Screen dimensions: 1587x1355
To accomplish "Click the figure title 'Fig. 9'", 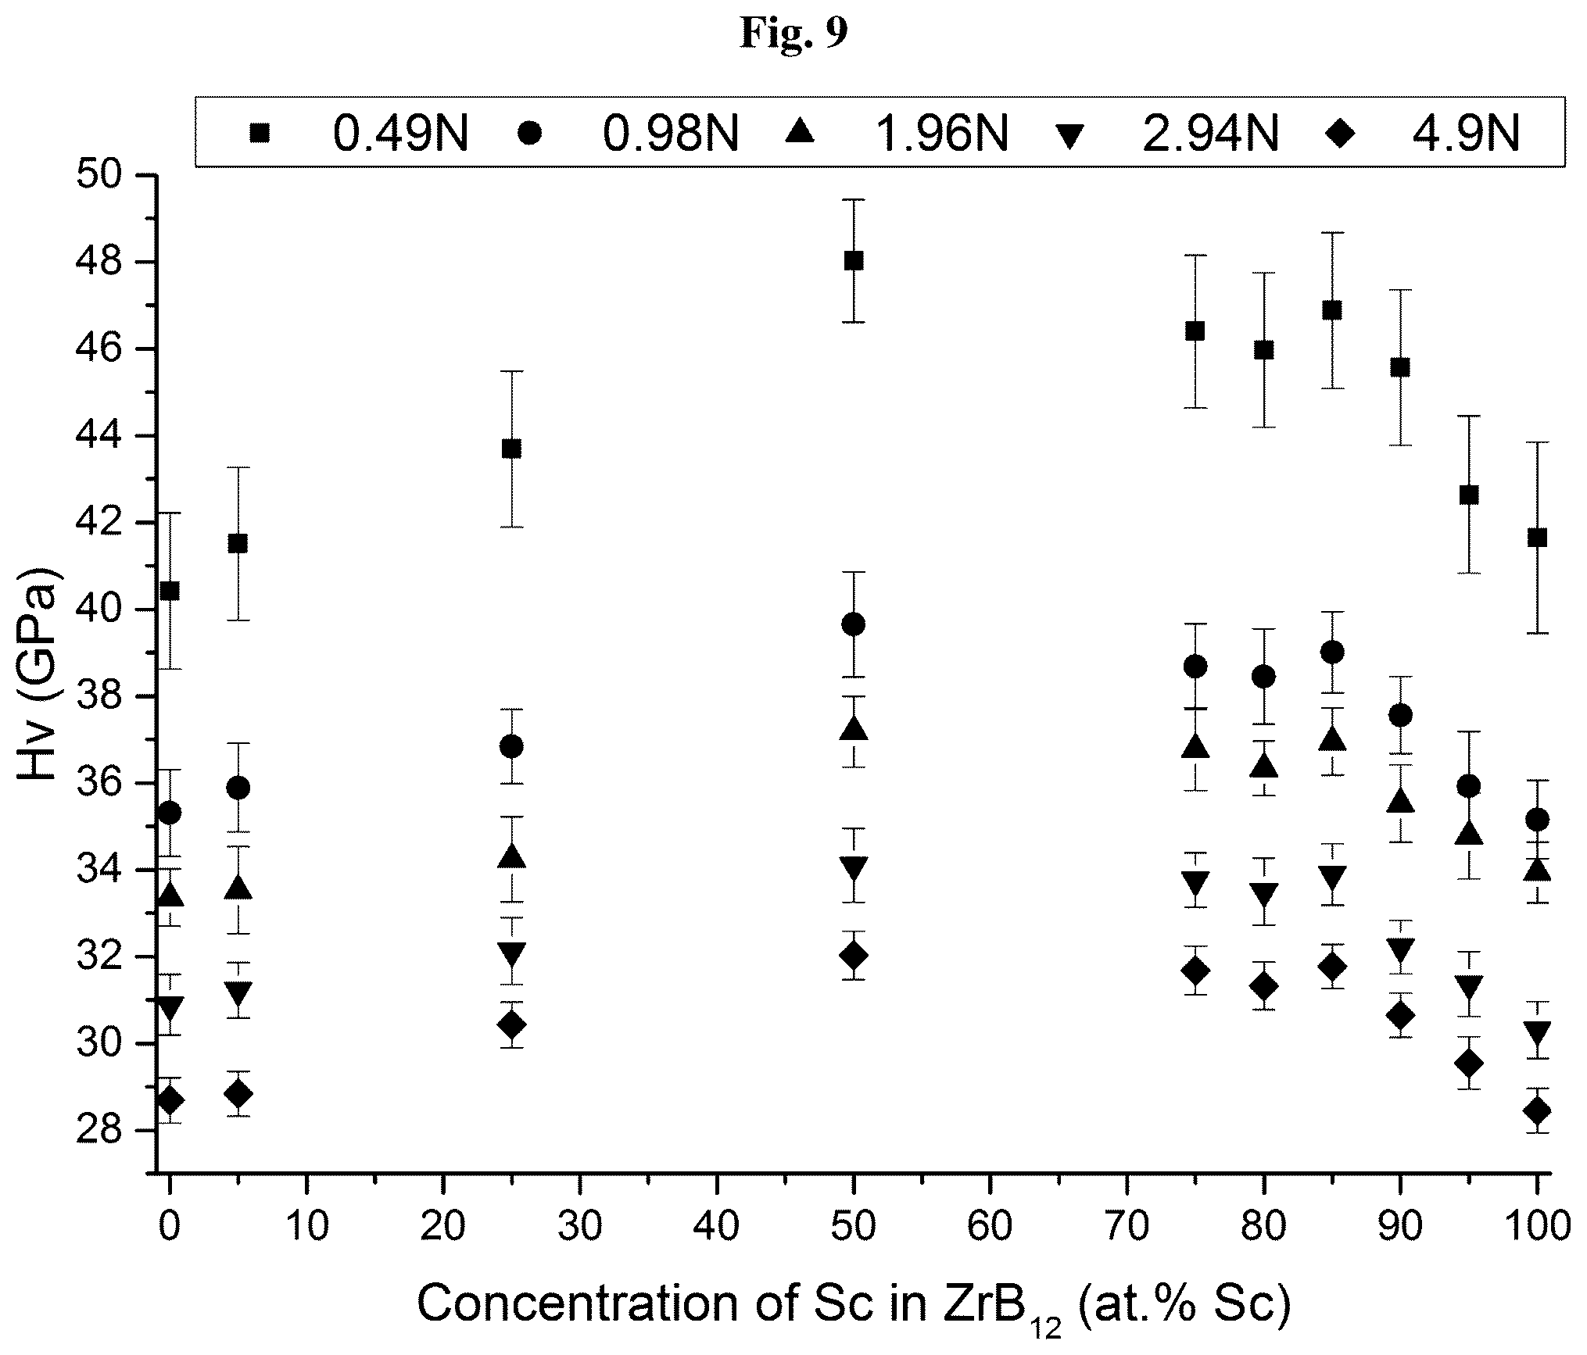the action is pos(793,33).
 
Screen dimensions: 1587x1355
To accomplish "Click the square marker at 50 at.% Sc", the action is pos(854,261).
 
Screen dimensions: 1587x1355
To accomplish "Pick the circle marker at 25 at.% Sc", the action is pos(511,746).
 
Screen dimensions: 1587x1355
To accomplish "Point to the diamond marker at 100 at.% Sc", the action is pos(1538,1110).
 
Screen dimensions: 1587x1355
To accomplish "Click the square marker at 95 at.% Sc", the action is pos(1469,495).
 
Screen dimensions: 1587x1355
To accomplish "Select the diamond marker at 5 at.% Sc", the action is pos(238,1093).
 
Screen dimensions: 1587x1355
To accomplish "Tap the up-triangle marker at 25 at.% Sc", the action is pos(511,856).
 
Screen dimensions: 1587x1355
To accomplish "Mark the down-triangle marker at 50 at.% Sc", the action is pos(854,869).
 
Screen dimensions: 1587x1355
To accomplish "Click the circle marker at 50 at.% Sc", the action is pos(854,624).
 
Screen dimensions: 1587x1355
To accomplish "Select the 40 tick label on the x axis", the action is pos(716,1228).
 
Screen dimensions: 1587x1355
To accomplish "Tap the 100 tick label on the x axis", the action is pos(1535,1228).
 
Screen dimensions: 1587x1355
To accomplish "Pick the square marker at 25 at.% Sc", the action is pos(511,449).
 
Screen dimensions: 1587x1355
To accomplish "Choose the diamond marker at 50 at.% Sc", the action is pos(854,955).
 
